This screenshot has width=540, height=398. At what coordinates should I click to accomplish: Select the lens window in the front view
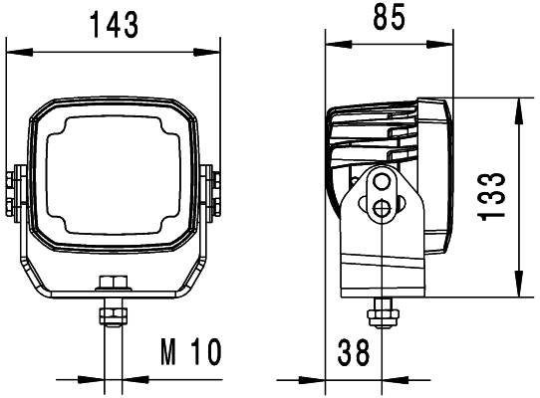[112, 178]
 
